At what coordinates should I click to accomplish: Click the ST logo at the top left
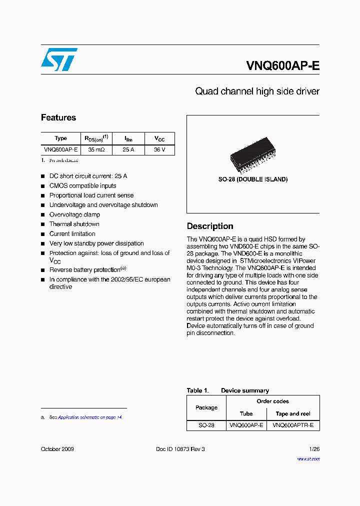pyautogui.click(x=59, y=59)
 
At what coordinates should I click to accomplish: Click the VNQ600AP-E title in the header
pyautogui.click(x=282, y=66)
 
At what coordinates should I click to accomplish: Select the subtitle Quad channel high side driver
pyautogui.click(x=256, y=91)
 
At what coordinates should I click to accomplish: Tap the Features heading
pyautogui.click(x=58, y=117)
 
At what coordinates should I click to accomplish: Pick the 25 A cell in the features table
pyautogui.click(x=128, y=149)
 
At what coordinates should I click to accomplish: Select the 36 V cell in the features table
pyautogui.click(x=159, y=149)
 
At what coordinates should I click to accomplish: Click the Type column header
pyautogui.click(x=60, y=138)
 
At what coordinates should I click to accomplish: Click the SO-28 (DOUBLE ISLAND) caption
pyautogui.click(x=252, y=179)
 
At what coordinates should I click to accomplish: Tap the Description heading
pyautogui.click(x=210, y=226)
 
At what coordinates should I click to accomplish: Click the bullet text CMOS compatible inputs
pyautogui.click(x=82, y=185)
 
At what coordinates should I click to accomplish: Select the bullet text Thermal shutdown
pyautogui.click(x=74, y=224)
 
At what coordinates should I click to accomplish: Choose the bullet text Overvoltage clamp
pyautogui.click(x=74, y=214)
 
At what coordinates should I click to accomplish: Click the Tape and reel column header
pyautogui.click(x=293, y=413)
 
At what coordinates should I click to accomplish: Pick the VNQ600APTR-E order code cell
pyautogui.click(x=293, y=425)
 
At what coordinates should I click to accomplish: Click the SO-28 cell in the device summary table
pyautogui.click(x=206, y=425)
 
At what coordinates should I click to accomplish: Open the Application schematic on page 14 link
pyautogui.click(x=90, y=417)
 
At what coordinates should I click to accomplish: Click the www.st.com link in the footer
pyautogui.click(x=308, y=458)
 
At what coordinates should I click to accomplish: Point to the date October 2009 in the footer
pyautogui.click(x=57, y=449)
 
